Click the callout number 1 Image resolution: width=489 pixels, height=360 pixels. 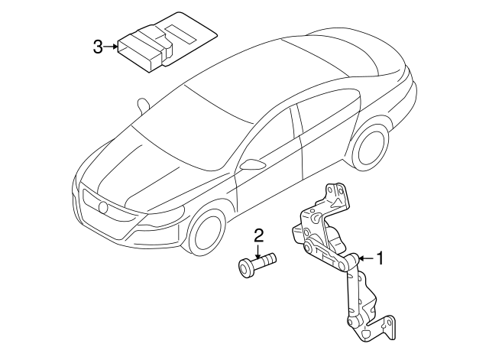[380, 258]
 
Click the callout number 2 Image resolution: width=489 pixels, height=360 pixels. [259, 236]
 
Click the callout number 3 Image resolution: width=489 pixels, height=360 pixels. [98, 47]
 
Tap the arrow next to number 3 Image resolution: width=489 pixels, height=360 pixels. [110, 47]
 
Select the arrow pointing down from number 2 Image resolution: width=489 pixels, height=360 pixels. [258, 251]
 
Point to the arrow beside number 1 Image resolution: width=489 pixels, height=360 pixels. [367, 258]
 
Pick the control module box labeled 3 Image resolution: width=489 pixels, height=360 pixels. [167, 43]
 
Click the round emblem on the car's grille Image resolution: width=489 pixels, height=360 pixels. [102, 207]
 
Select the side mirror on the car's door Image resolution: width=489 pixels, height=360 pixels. [253, 164]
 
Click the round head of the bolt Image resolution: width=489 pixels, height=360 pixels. [246, 268]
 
